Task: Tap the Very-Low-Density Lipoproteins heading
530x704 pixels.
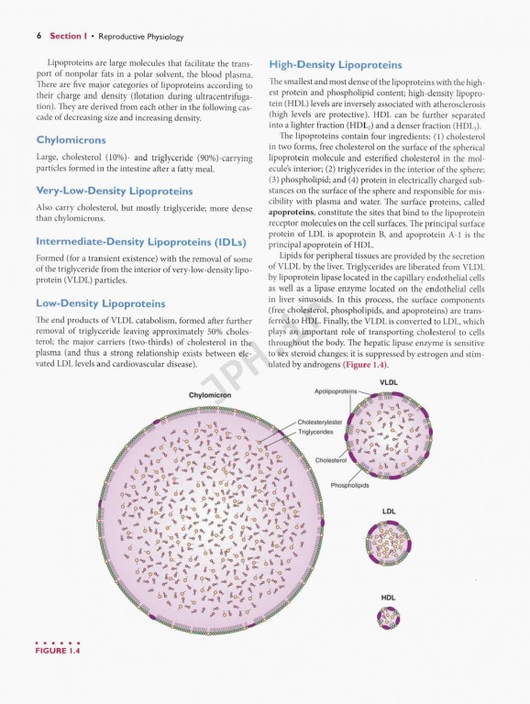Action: click(x=114, y=191)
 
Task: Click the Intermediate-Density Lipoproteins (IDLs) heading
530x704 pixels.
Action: click(x=140, y=242)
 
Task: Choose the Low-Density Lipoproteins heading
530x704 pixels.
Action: click(x=100, y=303)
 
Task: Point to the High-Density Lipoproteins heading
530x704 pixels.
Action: click(x=335, y=65)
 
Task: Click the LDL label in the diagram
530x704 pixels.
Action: click(x=389, y=511)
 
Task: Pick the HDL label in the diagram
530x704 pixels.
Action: click(x=389, y=597)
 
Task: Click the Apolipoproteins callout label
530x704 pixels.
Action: click(x=333, y=390)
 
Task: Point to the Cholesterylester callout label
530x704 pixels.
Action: click(x=321, y=423)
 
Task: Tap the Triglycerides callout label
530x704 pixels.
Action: click(x=315, y=432)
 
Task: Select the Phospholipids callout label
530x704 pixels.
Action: click(x=349, y=485)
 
